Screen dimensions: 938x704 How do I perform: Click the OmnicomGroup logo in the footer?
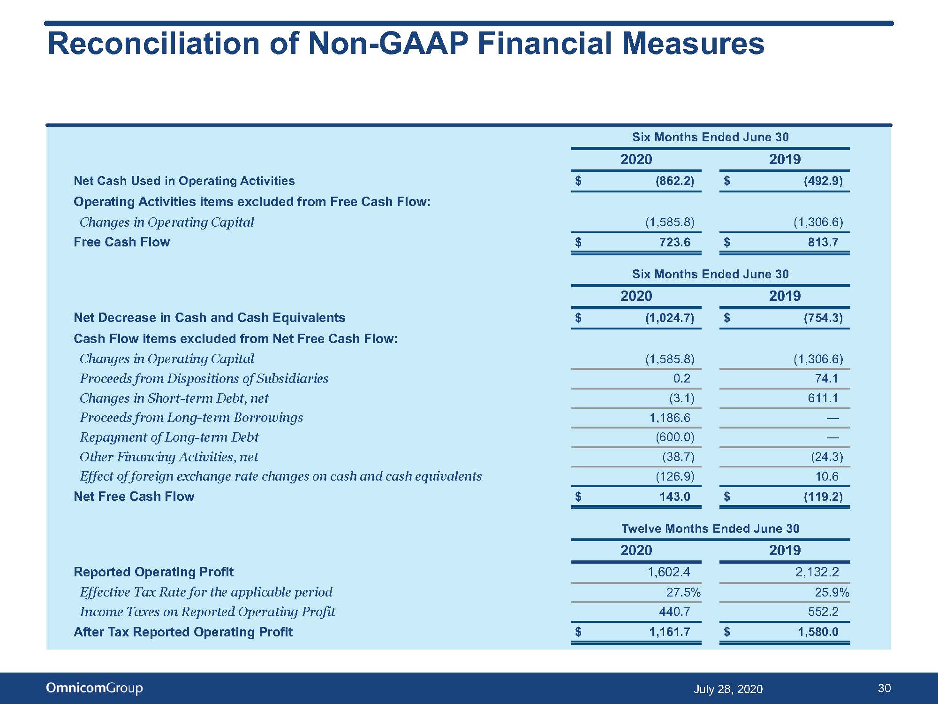tap(94, 688)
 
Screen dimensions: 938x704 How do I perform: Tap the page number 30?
tap(884, 688)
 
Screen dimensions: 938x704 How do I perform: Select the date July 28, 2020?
tap(728, 689)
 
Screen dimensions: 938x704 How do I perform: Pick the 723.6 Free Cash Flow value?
tap(675, 242)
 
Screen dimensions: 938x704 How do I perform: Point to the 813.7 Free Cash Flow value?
tap(823, 242)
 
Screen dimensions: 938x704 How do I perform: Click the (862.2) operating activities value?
tap(675, 181)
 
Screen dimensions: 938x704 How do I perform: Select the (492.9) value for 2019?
tap(824, 181)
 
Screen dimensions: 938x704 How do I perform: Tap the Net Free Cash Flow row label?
tap(134, 497)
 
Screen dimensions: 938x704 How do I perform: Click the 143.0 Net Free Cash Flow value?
tap(675, 497)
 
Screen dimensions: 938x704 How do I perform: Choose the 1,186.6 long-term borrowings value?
tap(670, 418)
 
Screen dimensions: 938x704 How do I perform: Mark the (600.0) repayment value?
tap(675, 437)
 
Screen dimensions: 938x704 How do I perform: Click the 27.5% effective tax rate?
tap(683, 592)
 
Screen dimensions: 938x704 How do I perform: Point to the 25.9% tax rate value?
tap(832, 592)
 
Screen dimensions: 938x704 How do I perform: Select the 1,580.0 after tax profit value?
tap(818, 632)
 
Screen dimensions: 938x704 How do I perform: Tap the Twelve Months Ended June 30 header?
tap(711, 528)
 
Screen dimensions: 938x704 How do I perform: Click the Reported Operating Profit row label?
tap(153, 572)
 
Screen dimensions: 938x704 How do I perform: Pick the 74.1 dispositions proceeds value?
tap(827, 378)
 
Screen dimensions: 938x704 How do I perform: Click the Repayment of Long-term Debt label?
tap(169, 437)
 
